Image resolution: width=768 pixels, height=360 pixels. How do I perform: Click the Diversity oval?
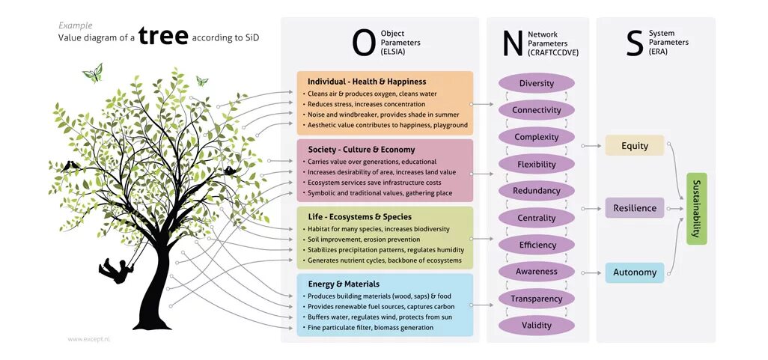point(536,83)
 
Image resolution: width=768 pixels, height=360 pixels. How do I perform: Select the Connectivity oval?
point(536,110)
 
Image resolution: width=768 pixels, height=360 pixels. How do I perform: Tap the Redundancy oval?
point(536,191)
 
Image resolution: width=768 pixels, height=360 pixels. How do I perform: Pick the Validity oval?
point(536,326)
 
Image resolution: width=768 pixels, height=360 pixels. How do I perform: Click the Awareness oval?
point(536,272)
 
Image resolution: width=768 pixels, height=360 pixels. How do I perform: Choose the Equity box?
point(634,146)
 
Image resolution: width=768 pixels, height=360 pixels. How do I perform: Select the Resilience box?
point(634,208)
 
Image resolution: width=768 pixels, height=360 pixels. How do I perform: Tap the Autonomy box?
point(634,272)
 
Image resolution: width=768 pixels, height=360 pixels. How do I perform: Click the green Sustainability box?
point(696,208)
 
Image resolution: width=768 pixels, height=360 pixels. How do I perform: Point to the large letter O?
point(363,43)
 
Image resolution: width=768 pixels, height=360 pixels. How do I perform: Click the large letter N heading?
point(512,43)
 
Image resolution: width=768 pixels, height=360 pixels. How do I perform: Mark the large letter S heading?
point(634,43)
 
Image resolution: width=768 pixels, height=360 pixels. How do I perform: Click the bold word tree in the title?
point(163,37)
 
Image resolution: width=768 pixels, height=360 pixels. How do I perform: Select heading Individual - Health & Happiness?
point(367,82)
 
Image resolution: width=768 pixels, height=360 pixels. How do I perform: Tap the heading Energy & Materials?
point(344,284)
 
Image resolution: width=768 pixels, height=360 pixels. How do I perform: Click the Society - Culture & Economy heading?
point(361,150)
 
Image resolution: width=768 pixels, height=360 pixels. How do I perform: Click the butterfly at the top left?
point(93,73)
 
